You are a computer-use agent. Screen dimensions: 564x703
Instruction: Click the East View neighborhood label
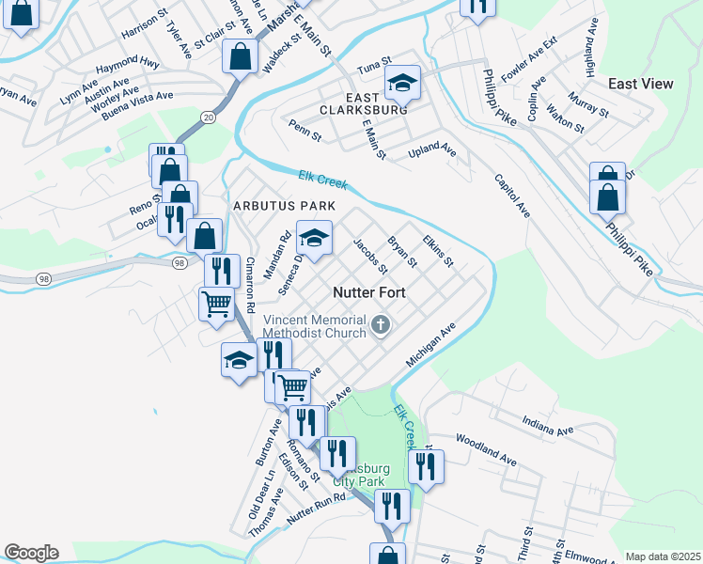click(x=640, y=84)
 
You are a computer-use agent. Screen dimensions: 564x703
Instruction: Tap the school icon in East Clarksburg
click(x=401, y=86)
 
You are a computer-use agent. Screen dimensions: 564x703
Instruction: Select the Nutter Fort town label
click(x=369, y=292)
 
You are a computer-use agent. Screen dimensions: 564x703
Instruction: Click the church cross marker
click(x=381, y=325)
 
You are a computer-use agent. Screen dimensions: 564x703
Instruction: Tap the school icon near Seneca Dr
click(x=315, y=238)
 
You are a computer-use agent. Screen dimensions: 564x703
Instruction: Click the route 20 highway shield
click(x=208, y=117)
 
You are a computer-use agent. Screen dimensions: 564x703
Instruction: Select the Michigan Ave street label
click(x=430, y=345)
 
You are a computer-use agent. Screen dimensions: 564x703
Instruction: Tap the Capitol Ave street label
click(x=511, y=196)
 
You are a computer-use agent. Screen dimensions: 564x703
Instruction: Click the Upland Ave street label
click(x=432, y=151)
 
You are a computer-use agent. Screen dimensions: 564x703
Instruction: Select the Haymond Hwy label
click(x=128, y=64)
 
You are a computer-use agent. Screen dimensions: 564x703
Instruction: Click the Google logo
click(x=30, y=553)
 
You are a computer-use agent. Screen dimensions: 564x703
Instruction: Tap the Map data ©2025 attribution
click(x=663, y=556)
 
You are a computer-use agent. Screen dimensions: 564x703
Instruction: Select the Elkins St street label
click(x=438, y=249)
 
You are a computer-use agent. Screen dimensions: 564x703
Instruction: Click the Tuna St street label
click(x=374, y=68)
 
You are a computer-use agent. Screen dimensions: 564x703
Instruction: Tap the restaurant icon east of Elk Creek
click(x=427, y=466)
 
